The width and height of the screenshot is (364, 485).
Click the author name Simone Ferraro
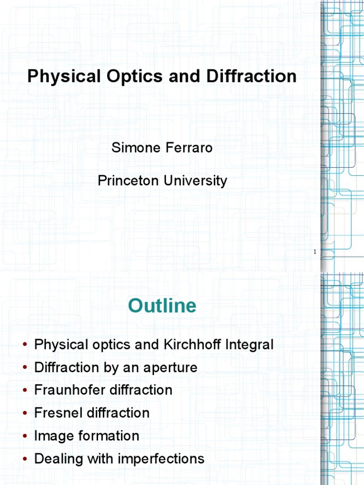coord(162,148)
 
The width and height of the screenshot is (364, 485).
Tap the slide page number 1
coord(315,252)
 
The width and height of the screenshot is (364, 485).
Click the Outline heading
coord(162,306)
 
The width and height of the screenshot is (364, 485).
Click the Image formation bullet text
coord(87,435)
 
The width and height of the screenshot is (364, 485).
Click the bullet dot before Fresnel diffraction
coord(25,413)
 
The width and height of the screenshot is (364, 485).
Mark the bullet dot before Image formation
coord(25,436)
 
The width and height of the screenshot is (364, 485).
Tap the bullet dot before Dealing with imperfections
coord(25,459)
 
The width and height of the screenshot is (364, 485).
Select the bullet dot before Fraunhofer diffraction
coord(25,391)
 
